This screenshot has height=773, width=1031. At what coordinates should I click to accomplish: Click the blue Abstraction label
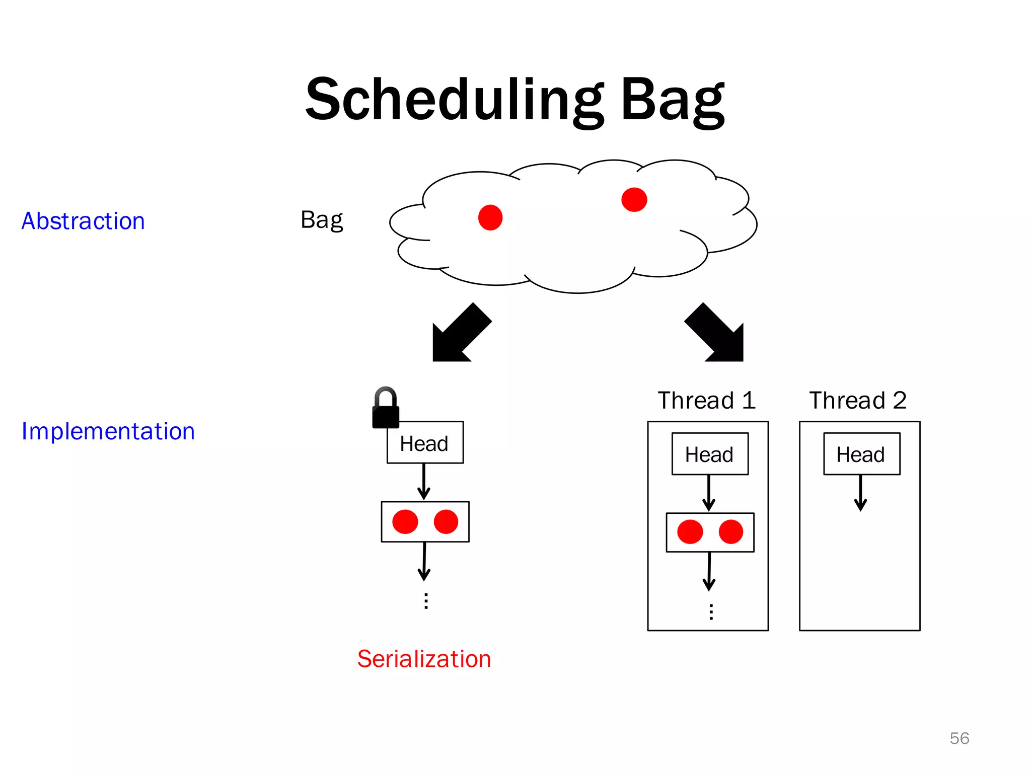point(84,221)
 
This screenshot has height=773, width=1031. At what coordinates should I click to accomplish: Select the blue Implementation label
point(108,432)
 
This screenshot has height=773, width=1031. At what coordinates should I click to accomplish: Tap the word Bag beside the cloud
point(322,220)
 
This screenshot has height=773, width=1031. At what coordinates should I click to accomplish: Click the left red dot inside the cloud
point(490,217)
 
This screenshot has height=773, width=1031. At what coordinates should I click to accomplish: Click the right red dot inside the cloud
point(634,200)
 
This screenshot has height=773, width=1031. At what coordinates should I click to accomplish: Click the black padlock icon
point(386,409)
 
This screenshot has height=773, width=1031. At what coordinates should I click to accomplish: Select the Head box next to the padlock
point(425,443)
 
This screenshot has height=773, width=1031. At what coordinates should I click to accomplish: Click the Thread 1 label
point(707,401)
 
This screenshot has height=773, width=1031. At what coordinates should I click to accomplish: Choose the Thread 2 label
point(858,401)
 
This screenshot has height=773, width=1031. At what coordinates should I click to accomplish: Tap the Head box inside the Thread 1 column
point(710,454)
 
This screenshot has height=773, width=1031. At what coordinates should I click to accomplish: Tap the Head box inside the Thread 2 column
point(861,454)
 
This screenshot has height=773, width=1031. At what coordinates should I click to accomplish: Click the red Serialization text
point(424,659)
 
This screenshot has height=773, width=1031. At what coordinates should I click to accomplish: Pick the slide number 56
point(959,738)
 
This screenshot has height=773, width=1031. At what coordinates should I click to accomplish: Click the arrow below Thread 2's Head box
point(861,493)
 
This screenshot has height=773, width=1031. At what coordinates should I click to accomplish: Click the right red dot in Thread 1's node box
point(730,532)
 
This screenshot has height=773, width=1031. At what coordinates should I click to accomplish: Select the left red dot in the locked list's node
point(405,521)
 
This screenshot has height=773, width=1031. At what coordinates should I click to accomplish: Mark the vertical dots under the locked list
point(426,601)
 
